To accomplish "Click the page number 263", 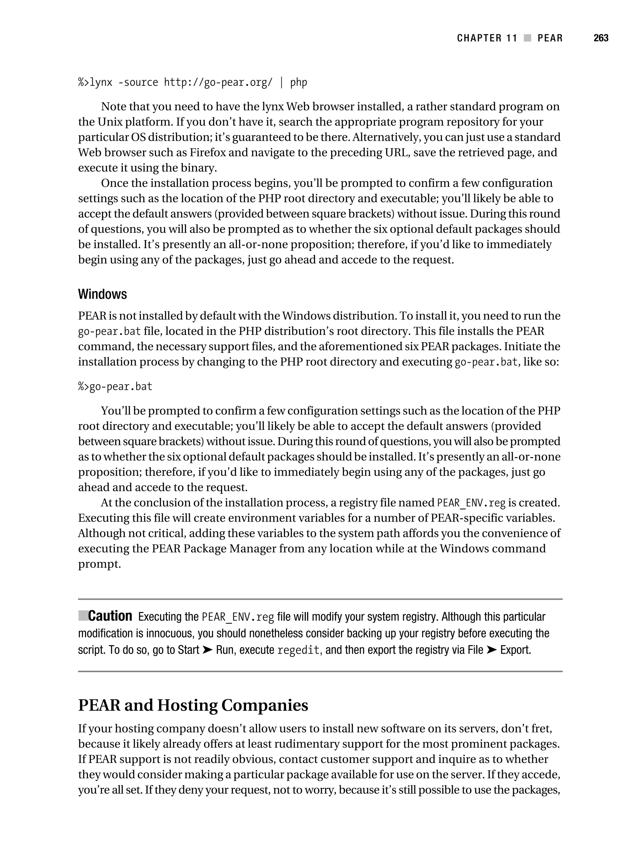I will [x=600, y=38].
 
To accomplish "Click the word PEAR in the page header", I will [x=550, y=38].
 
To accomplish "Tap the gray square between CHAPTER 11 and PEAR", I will [x=527, y=38].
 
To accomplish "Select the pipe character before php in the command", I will [x=282, y=83].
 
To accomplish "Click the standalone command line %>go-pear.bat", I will [x=115, y=387].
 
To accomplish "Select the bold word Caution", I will [x=110, y=616].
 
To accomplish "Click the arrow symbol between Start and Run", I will [x=208, y=650].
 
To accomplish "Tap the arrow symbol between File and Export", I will [x=492, y=650].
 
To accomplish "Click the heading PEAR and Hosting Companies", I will [x=193, y=705].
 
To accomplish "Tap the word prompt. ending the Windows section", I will [x=100, y=564].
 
